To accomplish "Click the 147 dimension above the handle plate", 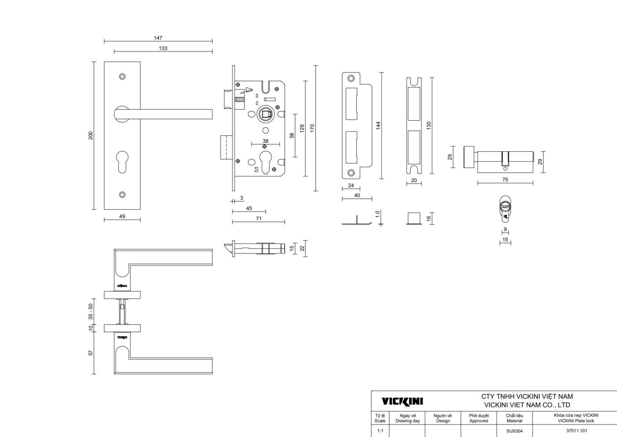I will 158,38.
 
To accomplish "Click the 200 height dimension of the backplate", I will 91,135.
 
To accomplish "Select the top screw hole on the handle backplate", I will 122,76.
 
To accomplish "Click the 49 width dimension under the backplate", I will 122,216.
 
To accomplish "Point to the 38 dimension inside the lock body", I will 265,141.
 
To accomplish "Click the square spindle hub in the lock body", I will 265,114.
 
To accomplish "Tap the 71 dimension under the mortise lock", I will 258,218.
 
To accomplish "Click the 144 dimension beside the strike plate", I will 378,125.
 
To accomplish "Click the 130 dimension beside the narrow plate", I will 428,125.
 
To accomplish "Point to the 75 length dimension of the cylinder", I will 505,180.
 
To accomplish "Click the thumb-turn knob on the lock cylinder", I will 468,157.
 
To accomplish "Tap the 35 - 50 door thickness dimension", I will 91,312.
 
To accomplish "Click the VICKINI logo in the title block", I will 402,402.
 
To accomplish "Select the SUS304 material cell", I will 514,431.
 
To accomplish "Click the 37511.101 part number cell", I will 576,431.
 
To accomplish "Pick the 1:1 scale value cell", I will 380,431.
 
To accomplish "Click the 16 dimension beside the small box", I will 428,218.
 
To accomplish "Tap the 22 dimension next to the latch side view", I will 302,248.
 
